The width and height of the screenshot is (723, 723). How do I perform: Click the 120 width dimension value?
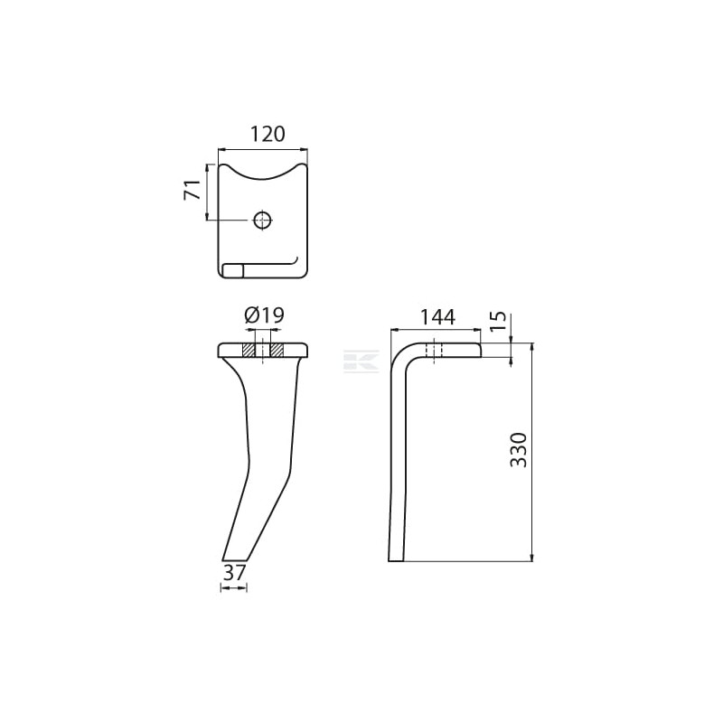tap(268, 134)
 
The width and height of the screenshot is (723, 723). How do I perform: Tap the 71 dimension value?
tap(192, 190)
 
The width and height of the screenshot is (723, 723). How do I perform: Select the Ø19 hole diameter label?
tap(264, 315)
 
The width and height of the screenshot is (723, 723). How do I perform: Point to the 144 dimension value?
tap(437, 317)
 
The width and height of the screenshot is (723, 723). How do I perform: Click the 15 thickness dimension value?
tap(498, 322)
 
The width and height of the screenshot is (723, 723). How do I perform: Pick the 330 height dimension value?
tap(519, 450)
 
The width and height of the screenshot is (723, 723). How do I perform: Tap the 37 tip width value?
tap(234, 572)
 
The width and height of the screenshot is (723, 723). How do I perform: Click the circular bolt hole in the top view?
tap(262, 220)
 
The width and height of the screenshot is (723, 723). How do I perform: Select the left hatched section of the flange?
tap(249, 350)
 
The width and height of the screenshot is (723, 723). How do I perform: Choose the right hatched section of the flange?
tap(277, 350)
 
